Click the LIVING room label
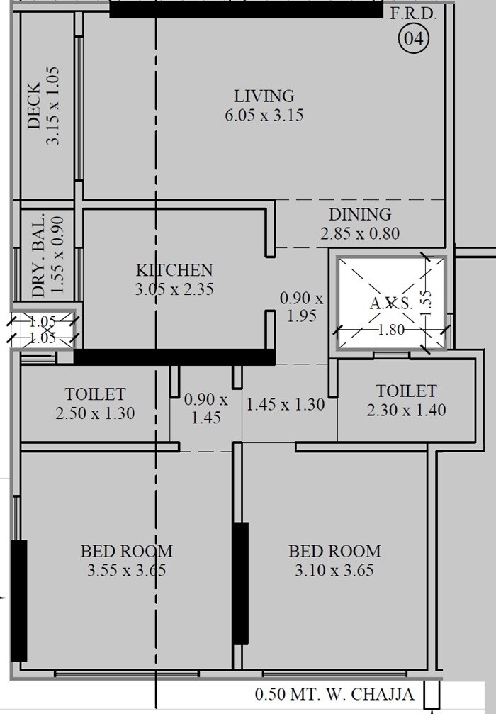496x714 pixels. (x=264, y=96)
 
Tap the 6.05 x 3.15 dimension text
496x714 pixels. (x=264, y=115)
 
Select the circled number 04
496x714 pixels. (x=415, y=39)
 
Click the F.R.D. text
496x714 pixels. (x=414, y=13)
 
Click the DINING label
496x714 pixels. (x=359, y=214)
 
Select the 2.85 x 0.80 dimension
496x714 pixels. (x=360, y=233)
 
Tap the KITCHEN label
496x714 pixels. (x=174, y=270)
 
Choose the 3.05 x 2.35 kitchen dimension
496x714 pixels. (x=174, y=289)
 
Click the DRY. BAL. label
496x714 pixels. (x=38, y=255)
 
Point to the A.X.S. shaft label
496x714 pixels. (x=391, y=303)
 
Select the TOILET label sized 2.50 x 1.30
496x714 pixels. (x=95, y=394)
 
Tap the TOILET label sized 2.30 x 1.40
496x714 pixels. (x=406, y=391)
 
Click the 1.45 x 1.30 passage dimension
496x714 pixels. (x=285, y=405)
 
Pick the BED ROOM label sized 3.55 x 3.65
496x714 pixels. (x=126, y=551)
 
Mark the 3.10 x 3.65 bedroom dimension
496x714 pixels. (x=334, y=570)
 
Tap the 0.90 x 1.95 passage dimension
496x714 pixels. (x=301, y=307)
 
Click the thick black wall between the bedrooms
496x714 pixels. (x=241, y=583)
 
